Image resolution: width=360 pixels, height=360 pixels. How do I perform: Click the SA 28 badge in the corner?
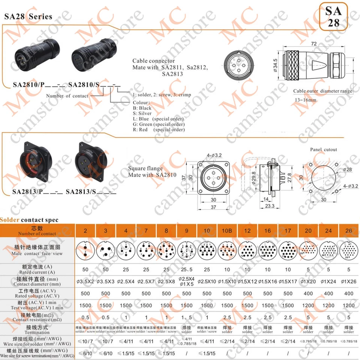tap(333, 16)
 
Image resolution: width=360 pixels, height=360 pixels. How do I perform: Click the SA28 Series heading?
tap(28, 17)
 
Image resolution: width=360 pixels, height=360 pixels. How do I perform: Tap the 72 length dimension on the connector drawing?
tap(314, 44)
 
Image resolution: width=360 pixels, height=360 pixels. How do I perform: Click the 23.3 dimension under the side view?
tap(269, 206)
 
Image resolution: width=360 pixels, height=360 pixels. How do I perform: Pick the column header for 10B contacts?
tap(227, 230)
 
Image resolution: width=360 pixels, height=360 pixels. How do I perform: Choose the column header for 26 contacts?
tap(349, 230)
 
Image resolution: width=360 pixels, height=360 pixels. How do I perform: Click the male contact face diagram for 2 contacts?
tap(85, 250)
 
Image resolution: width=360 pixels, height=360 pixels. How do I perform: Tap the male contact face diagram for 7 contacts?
tap(146, 250)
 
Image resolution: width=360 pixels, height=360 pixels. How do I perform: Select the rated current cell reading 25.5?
tap(187, 270)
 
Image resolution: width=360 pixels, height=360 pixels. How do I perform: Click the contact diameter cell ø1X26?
tap(349, 282)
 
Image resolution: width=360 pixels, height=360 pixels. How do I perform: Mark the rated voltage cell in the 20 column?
tap(308, 294)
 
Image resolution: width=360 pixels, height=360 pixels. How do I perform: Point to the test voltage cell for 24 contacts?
tap(328, 305)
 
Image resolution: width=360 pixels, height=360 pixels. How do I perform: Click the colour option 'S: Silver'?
tap(142, 113)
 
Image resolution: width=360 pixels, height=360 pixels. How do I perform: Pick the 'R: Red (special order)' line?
tap(159, 130)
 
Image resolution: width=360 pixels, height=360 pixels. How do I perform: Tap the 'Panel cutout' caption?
tap(323, 150)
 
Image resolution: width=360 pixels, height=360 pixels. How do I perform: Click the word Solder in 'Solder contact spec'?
tap(10, 220)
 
